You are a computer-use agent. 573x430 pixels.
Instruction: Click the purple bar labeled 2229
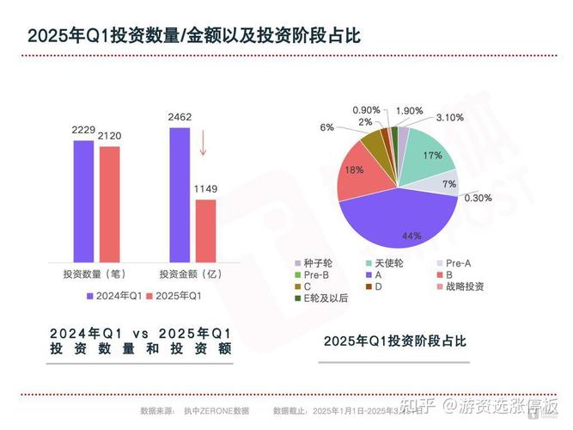[x=83, y=200]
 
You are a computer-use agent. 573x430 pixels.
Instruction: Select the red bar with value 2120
[x=109, y=203]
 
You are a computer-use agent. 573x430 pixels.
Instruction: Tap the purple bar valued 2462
[x=179, y=193]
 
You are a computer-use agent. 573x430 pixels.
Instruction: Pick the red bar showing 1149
[x=205, y=230]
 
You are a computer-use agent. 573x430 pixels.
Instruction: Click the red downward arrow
[x=204, y=142]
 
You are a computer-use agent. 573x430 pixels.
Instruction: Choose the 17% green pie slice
[x=428, y=159]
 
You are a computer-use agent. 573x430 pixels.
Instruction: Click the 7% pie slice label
[x=448, y=184]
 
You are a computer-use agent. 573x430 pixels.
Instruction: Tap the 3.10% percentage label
[x=449, y=117]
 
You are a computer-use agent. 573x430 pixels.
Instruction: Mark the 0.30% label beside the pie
[x=478, y=197]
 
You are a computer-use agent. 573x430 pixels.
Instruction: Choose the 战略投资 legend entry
[x=464, y=286]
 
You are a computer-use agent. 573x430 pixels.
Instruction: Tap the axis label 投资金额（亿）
[x=190, y=273]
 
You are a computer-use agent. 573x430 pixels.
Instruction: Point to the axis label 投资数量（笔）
[x=94, y=273]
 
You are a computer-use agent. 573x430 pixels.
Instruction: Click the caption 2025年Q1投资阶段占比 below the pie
[x=394, y=341]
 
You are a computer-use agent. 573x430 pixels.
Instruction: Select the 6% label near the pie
[x=326, y=126]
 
